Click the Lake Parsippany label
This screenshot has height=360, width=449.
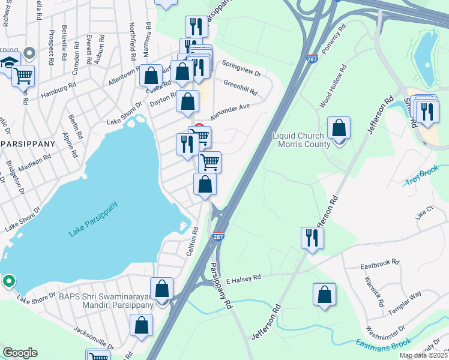(x=94, y=219)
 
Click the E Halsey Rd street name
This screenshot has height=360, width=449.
(x=244, y=279)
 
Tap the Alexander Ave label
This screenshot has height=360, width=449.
(x=229, y=111)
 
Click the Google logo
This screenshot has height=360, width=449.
(x=20, y=353)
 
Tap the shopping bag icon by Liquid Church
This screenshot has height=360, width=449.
(x=339, y=128)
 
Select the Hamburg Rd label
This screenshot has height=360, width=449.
(x=56, y=91)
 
